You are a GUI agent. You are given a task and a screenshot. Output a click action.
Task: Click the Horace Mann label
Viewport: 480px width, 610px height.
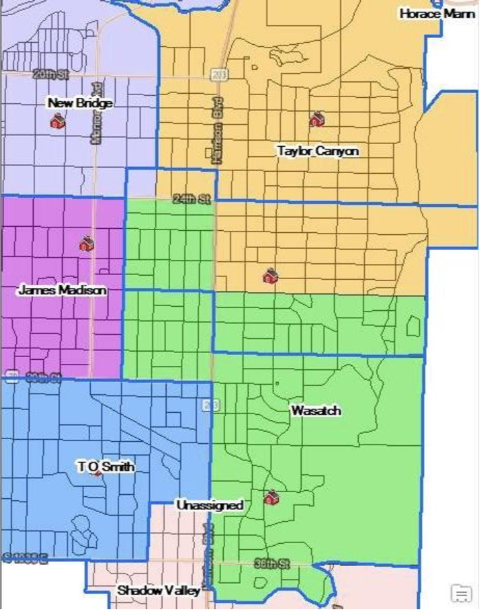[437, 13]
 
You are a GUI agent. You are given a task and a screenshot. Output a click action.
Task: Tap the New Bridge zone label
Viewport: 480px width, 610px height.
[80, 103]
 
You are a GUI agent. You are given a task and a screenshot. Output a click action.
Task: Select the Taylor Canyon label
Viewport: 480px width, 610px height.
[317, 150]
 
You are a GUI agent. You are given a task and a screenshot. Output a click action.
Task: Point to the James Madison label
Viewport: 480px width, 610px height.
[62, 290]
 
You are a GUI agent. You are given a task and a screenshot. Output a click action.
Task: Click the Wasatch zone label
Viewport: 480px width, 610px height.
[315, 411]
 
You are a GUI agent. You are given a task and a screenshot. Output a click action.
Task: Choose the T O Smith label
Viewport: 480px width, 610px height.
[105, 467]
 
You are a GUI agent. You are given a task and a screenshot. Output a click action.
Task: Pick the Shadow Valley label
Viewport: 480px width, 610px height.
[158, 591]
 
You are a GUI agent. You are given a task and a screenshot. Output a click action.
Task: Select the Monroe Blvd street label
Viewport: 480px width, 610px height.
[96, 121]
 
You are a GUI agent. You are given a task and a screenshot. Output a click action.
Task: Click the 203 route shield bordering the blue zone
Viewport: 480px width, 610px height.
[210, 405]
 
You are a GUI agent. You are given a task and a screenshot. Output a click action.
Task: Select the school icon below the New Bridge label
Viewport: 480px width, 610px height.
[57, 121]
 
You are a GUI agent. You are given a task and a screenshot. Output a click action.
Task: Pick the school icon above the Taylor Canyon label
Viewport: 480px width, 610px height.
[316, 119]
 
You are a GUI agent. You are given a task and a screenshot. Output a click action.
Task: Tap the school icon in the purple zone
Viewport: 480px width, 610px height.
[86, 243]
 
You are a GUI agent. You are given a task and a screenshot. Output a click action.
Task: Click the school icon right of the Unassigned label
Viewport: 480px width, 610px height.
[271, 497]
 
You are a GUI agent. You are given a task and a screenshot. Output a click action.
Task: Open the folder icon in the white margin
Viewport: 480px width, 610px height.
[459, 592]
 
